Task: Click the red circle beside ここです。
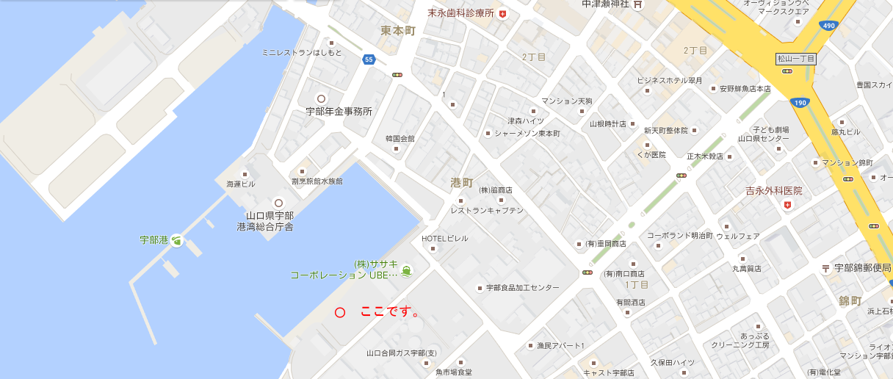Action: pyautogui.click(x=340, y=312)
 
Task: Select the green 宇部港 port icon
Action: pyautogui.click(x=176, y=240)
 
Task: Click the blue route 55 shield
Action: pyautogui.click(x=369, y=59)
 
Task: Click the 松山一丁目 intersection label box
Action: pyautogui.click(x=796, y=59)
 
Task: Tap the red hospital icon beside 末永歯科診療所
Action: pyautogui.click(x=502, y=14)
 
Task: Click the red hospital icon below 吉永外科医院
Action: pyautogui.click(x=787, y=205)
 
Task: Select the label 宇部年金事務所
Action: pyautogui.click(x=339, y=112)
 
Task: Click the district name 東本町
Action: pyautogui.click(x=398, y=31)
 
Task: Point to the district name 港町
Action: pyautogui.click(x=462, y=182)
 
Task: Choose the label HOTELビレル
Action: pyautogui.click(x=444, y=238)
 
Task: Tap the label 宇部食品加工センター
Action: pyautogui.click(x=522, y=287)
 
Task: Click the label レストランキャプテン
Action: pyautogui.click(x=487, y=210)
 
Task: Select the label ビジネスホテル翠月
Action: pyautogui.click(x=670, y=80)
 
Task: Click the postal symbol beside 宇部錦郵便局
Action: pyautogui.click(x=826, y=268)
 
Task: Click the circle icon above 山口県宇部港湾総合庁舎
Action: pyautogui.click(x=278, y=203)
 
